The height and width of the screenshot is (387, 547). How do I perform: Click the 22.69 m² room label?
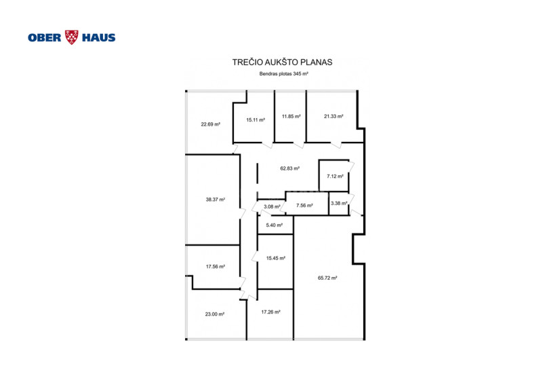coord(210,124)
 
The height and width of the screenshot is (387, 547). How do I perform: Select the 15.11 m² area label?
coord(256,119)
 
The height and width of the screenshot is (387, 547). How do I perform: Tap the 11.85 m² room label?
coord(291,116)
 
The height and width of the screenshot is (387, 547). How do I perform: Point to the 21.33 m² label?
coord(333,116)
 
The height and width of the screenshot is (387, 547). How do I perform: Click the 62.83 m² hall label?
coord(290,168)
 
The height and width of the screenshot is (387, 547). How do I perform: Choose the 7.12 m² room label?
coord(335,177)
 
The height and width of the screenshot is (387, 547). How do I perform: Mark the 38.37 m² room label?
coord(216,200)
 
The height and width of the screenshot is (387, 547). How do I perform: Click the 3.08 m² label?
coord(272,207)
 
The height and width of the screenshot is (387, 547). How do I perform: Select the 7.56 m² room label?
coord(304,205)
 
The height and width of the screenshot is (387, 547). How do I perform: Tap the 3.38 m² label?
coord(339,203)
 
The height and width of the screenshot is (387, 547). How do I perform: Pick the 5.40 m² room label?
coord(275,225)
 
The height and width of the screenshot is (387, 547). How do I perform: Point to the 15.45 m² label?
coord(276,259)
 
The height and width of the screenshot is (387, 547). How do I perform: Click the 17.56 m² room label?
coord(216,267)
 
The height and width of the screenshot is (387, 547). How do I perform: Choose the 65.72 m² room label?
coord(327,278)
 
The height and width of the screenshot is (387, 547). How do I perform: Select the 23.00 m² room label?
coord(215,314)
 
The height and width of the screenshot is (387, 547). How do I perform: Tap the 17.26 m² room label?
coord(270,312)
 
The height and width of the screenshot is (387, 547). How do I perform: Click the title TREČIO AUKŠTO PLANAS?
coord(282,62)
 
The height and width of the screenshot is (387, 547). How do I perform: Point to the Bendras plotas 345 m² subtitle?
coord(283,74)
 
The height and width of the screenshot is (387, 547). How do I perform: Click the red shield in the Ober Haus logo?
coord(72,37)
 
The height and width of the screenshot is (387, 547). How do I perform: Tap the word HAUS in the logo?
coord(99,38)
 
